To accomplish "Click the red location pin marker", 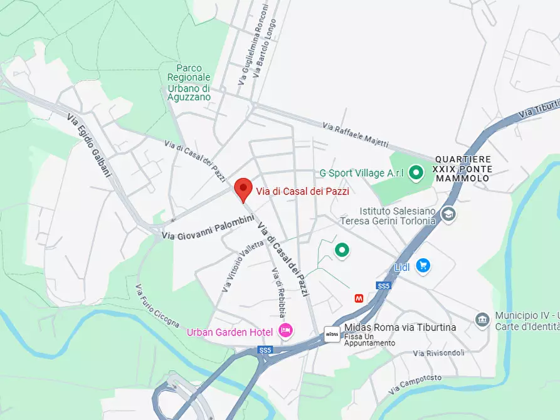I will coord(243,189).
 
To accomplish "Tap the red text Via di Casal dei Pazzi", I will coord(302,192).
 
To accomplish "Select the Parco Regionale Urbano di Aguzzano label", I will coord(189,82).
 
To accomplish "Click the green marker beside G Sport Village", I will coord(415,172).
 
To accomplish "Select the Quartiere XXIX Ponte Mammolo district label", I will coord(463,169).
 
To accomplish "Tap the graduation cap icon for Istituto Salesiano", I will coord(448,214).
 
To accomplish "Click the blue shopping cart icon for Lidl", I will coord(423,266).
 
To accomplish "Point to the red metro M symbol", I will coord(359,298).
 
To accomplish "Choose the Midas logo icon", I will coord(332,334).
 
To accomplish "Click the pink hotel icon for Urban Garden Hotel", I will coord(285,331).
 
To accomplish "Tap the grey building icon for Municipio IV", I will coord(482,320).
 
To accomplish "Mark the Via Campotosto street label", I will coord(415,384).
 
